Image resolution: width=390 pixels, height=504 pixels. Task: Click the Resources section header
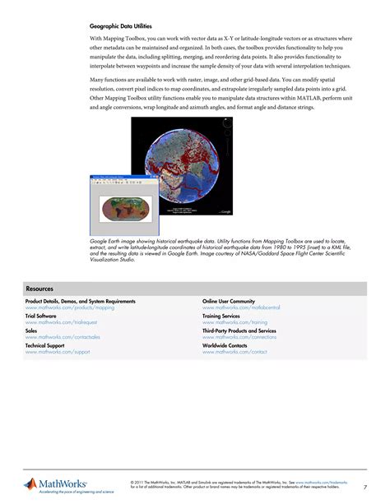pyautogui.click(x=39, y=289)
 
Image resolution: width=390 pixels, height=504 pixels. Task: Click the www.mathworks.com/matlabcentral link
pyautogui.click(x=241, y=307)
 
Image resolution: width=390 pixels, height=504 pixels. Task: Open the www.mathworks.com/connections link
pyautogui.click(x=239, y=337)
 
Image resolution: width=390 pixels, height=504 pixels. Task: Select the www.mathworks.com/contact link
pyautogui.click(x=234, y=352)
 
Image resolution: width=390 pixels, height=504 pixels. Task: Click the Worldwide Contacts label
pyautogui.click(x=225, y=345)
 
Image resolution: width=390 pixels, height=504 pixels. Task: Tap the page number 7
pyautogui.click(x=365, y=487)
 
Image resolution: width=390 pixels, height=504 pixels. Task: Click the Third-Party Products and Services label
pyautogui.click(x=239, y=331)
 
